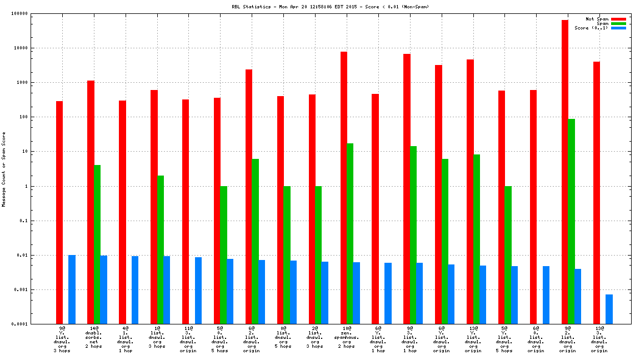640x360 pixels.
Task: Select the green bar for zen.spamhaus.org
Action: (x=350, y=233)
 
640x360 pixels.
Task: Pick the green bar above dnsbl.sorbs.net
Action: (x=97, y=244)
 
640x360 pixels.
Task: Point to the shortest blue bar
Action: (x=609, y=309)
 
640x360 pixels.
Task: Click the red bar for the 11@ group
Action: (x=186, y=212)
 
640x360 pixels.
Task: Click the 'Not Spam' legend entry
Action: (x=597, y=19)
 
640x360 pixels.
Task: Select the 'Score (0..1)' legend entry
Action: (x=591, y=28)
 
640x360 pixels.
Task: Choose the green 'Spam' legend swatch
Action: (x=618, y=23)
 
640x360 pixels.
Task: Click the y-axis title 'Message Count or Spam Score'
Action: (x=4, y=169)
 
